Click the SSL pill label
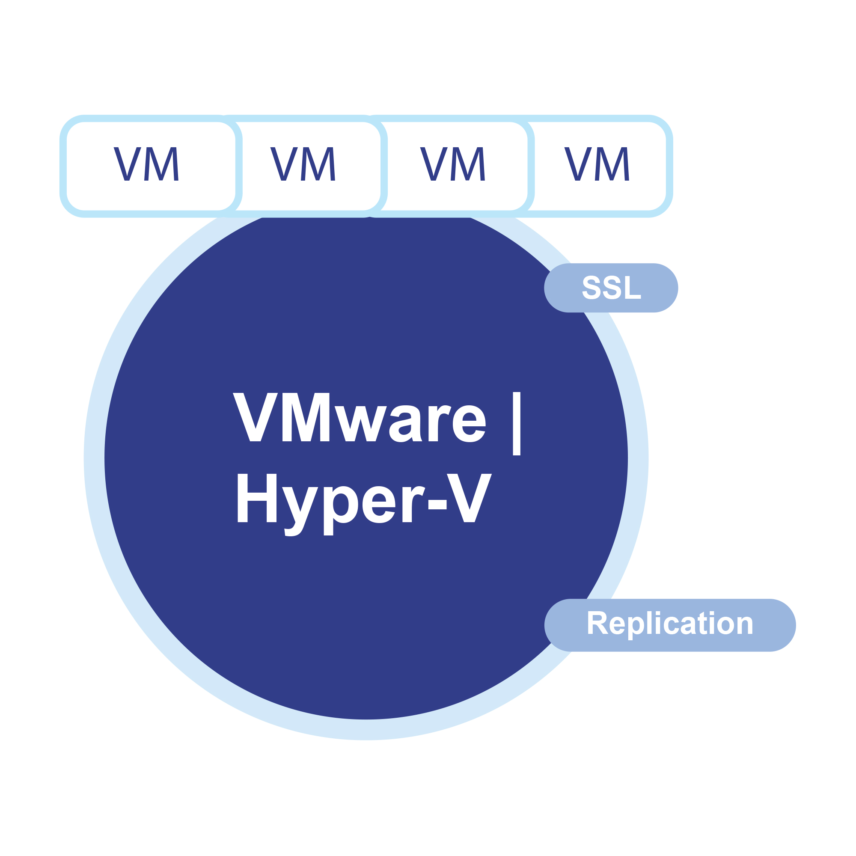point(611,288)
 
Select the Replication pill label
point(669,625)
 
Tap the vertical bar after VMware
point(516,423)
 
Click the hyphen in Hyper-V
point(437,505)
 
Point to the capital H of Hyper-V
point(257,498)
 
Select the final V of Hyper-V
point(469,498)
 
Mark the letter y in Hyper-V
point(300,509)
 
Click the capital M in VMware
point(306,417)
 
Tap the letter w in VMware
point(361,424)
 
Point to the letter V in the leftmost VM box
point(127,164)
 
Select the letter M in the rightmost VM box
point(612,164)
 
